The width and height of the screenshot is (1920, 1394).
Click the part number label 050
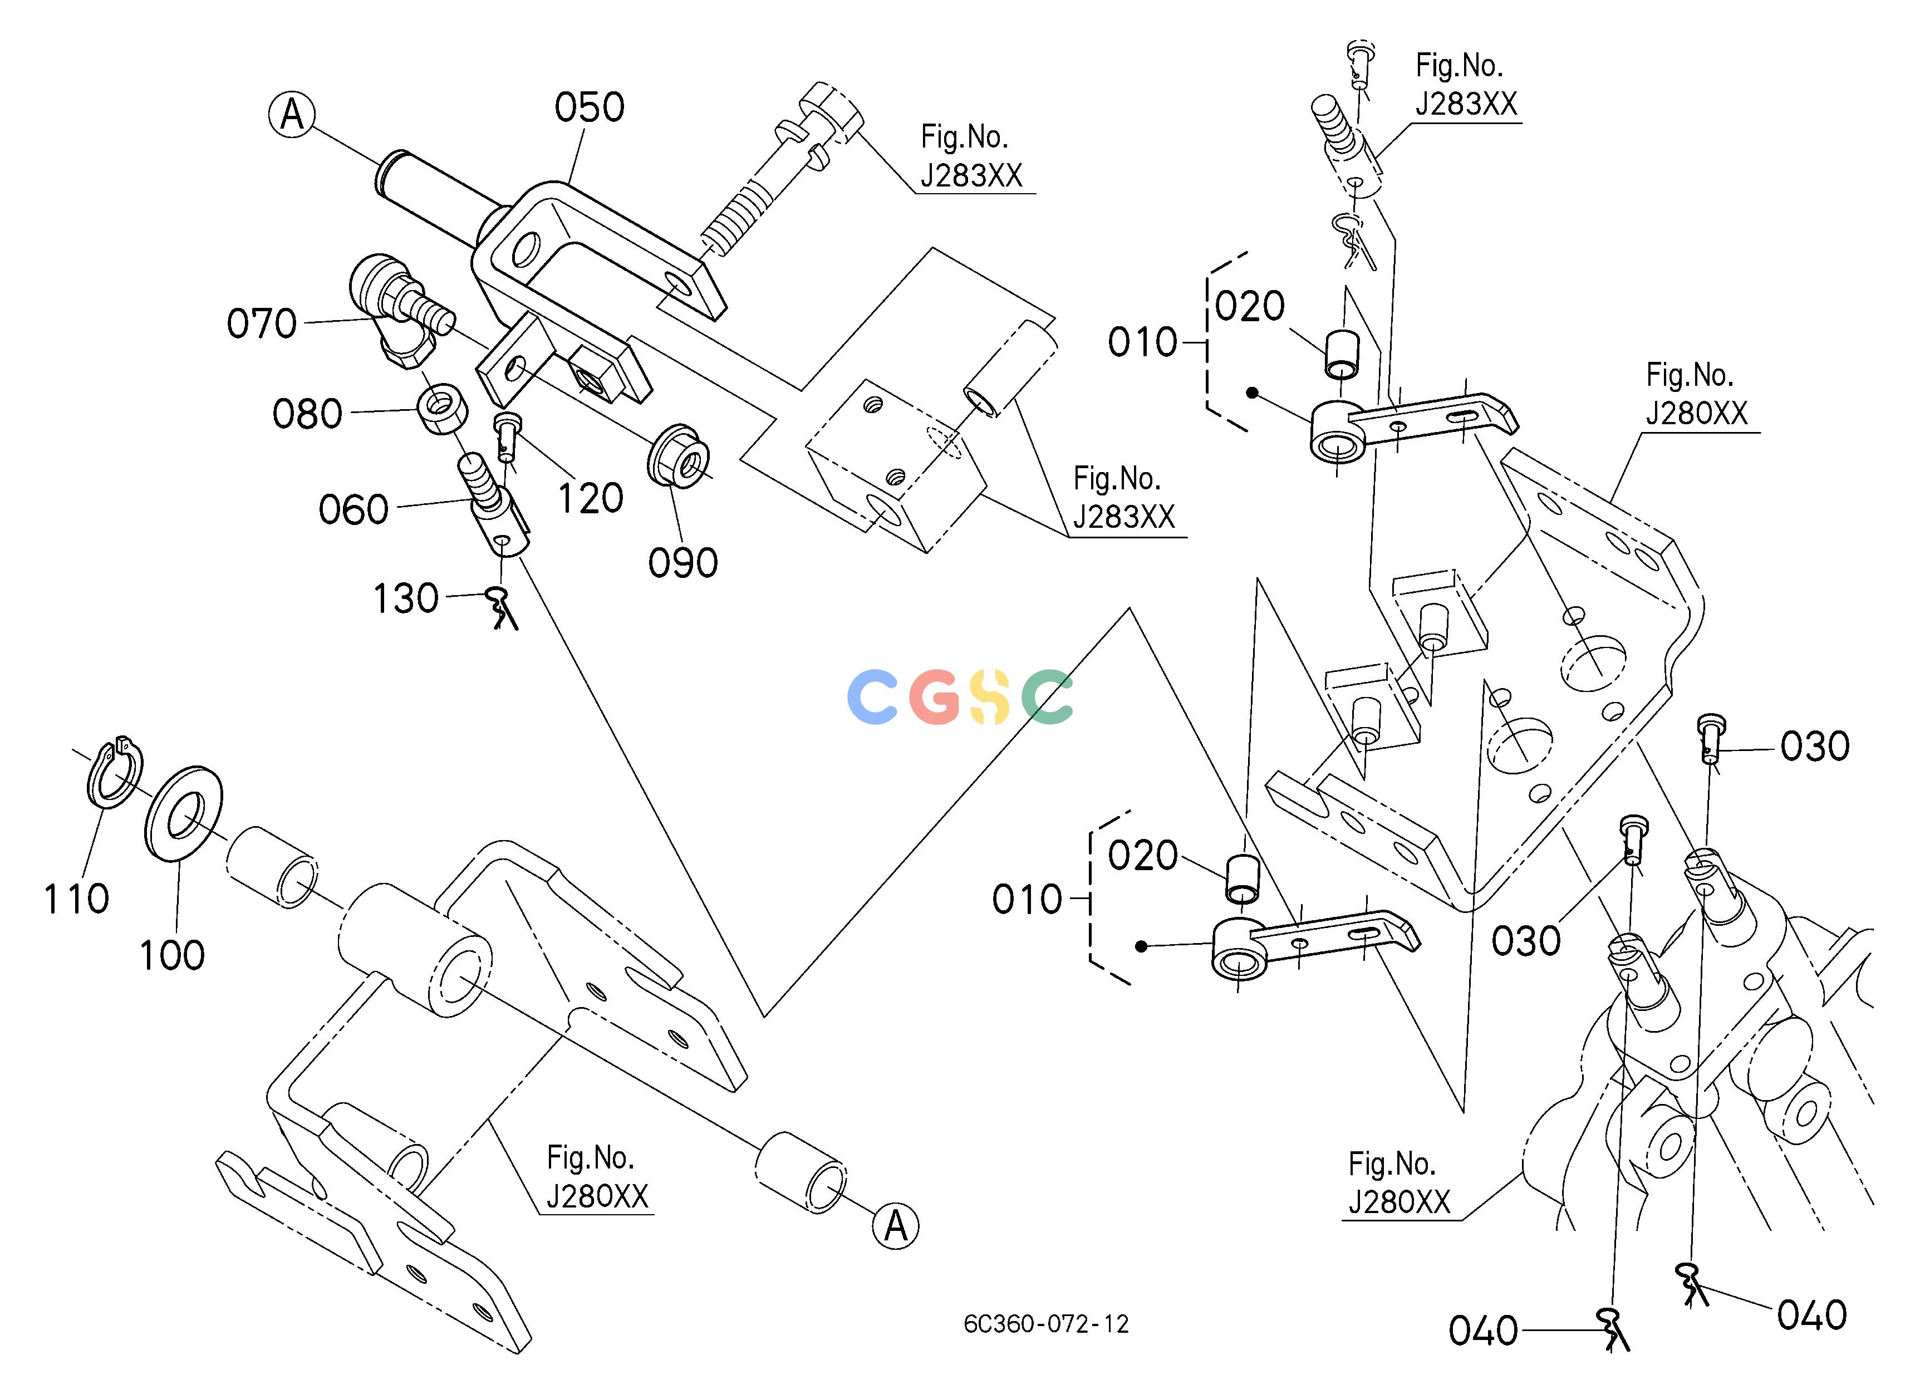589,107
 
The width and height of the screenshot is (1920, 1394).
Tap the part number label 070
262,323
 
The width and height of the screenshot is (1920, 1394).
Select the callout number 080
307,414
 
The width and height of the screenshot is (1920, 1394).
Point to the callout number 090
683,563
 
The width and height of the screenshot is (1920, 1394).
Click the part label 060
353,509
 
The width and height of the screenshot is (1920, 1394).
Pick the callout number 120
590,498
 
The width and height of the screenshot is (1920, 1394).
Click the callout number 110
76,898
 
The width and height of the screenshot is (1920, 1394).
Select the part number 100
172,955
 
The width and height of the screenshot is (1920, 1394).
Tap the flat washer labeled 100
183,813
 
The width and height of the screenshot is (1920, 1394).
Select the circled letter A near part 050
292,114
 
